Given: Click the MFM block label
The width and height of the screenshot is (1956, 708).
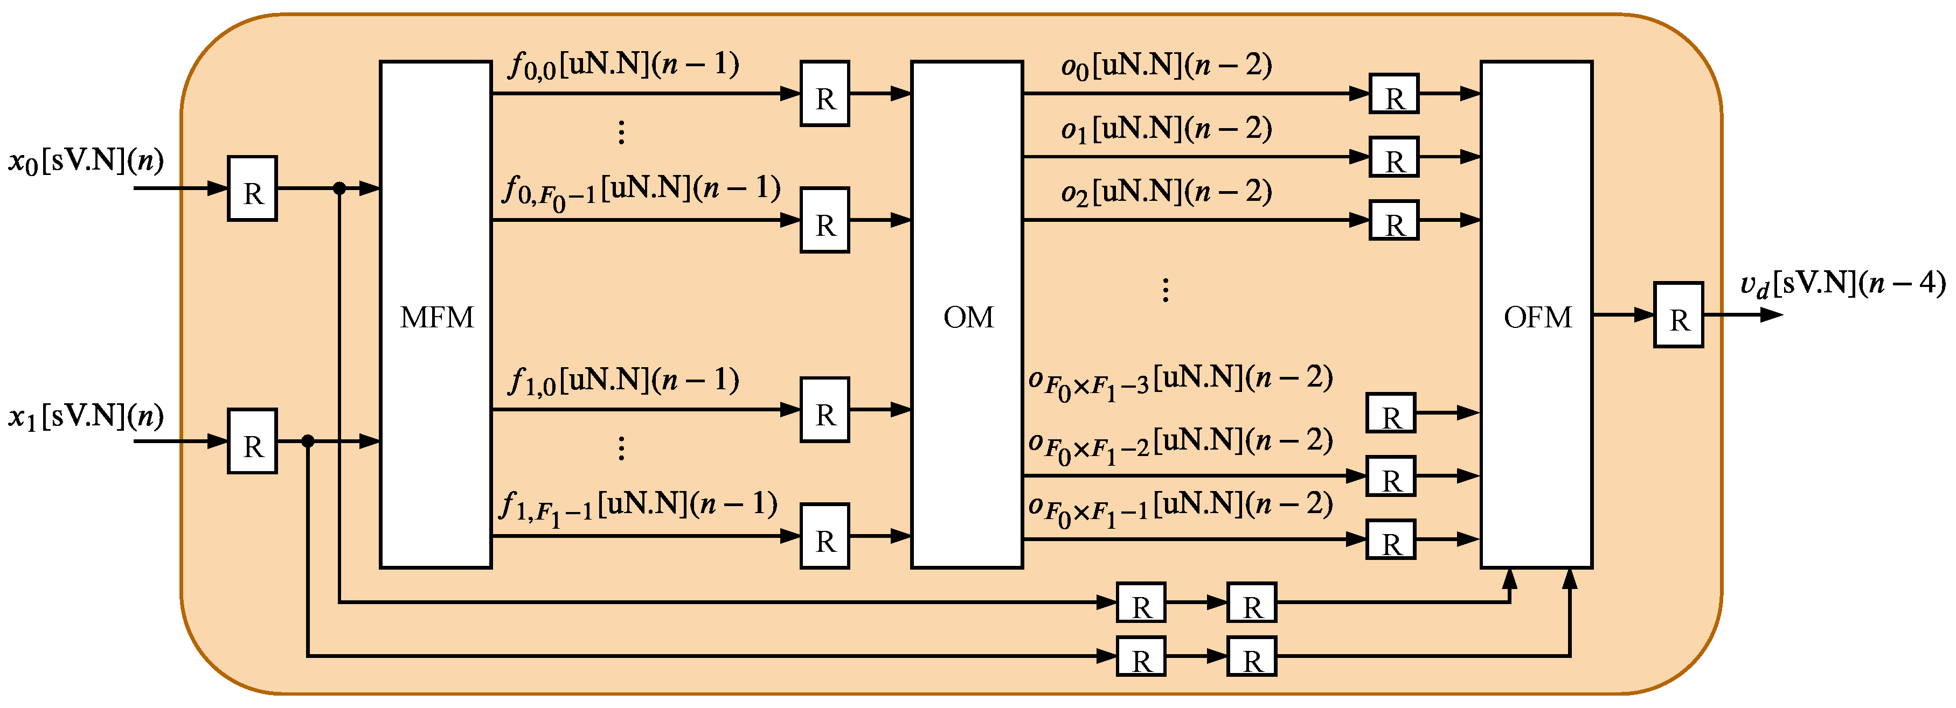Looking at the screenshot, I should (436, 317).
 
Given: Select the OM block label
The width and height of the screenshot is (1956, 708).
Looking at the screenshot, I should (968, 317).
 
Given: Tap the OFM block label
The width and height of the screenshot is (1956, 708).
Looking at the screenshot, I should (1538, 317).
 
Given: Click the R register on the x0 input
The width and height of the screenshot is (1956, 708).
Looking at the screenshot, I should (252, 189).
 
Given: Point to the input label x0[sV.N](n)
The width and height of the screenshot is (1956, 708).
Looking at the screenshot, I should (86, 161).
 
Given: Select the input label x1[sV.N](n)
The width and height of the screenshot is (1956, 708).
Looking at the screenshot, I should (86, 416).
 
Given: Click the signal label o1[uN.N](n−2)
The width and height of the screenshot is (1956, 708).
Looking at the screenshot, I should (1166, 129).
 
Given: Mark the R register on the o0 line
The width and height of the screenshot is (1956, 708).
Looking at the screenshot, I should (1393, 94).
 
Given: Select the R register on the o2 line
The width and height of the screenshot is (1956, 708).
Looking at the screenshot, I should (1393, 221).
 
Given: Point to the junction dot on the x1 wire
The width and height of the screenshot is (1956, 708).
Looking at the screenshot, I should (308, 441).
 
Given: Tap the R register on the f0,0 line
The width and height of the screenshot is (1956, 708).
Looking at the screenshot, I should (824, 94).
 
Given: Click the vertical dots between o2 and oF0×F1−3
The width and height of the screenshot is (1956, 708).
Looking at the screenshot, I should (1166, 290).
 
